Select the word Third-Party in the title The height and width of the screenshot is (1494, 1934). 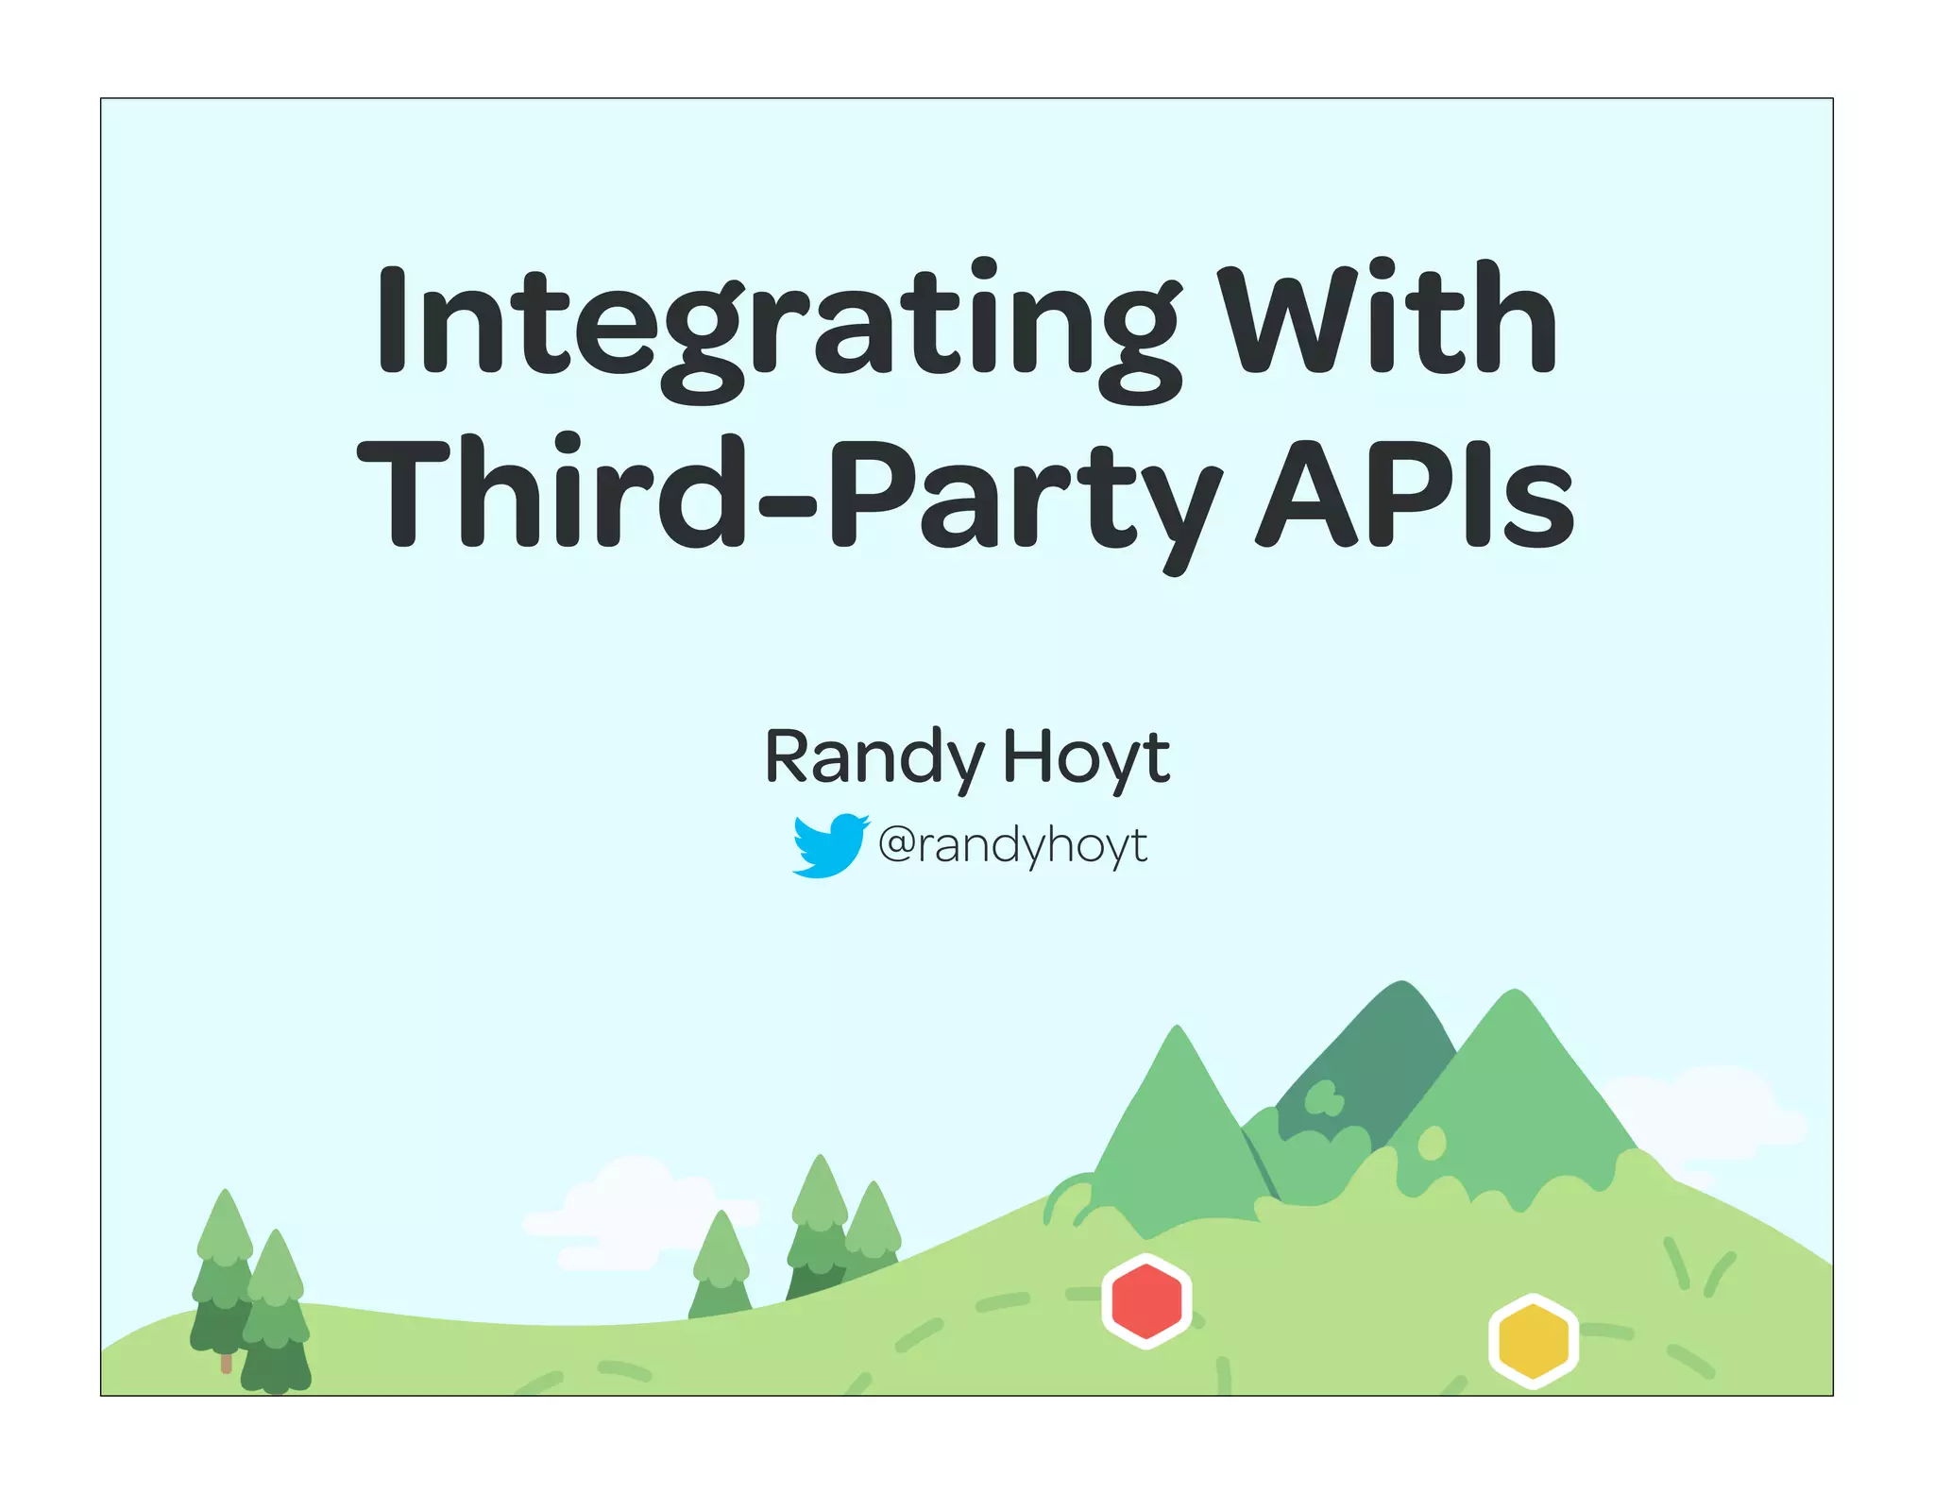pyautogui.click(x=789, y=496)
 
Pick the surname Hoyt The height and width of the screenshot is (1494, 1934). pyautogui.click(x=1086, y=757)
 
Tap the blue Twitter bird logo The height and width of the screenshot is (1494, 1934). pyautogui.click(x=829, y=845)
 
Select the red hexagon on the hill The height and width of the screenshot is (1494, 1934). pyautogui.click(x=1146, y=1299)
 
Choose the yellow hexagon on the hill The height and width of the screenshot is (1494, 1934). pyautogui.click(x=1534, y=1339)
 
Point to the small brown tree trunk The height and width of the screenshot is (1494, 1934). pyautogui.click(x=226, y=1362)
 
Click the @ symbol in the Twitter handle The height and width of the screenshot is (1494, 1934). pyautogui.click(x=897, y=843)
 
